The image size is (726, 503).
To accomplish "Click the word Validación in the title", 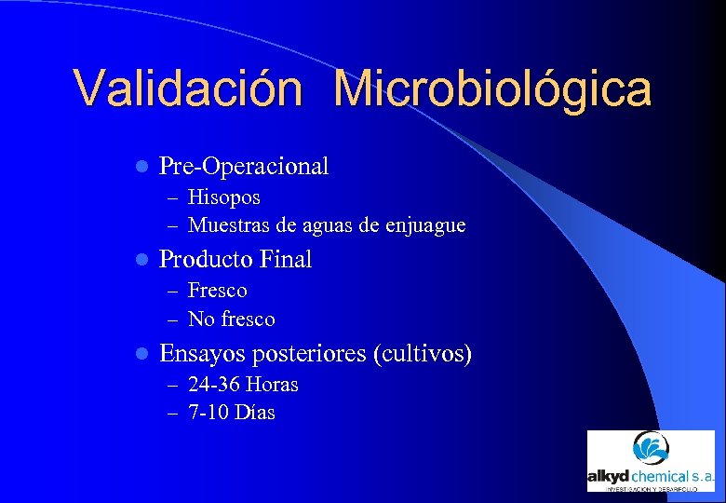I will [187, 89].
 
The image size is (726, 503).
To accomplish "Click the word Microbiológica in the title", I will [492, 89].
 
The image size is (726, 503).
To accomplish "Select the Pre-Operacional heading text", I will [244, 167].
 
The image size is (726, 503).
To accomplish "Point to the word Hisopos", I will [223, 197].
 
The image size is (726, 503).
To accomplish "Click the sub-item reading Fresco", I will [217, 291].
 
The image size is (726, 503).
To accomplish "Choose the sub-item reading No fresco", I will [231, 319].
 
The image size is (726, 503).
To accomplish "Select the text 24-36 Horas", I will [242, 385].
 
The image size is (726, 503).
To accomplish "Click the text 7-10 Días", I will [231, 413].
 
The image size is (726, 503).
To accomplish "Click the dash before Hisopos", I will [174, 198].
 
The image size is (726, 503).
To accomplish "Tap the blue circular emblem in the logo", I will [650, 449].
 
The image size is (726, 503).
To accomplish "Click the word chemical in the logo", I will [662, 476].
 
